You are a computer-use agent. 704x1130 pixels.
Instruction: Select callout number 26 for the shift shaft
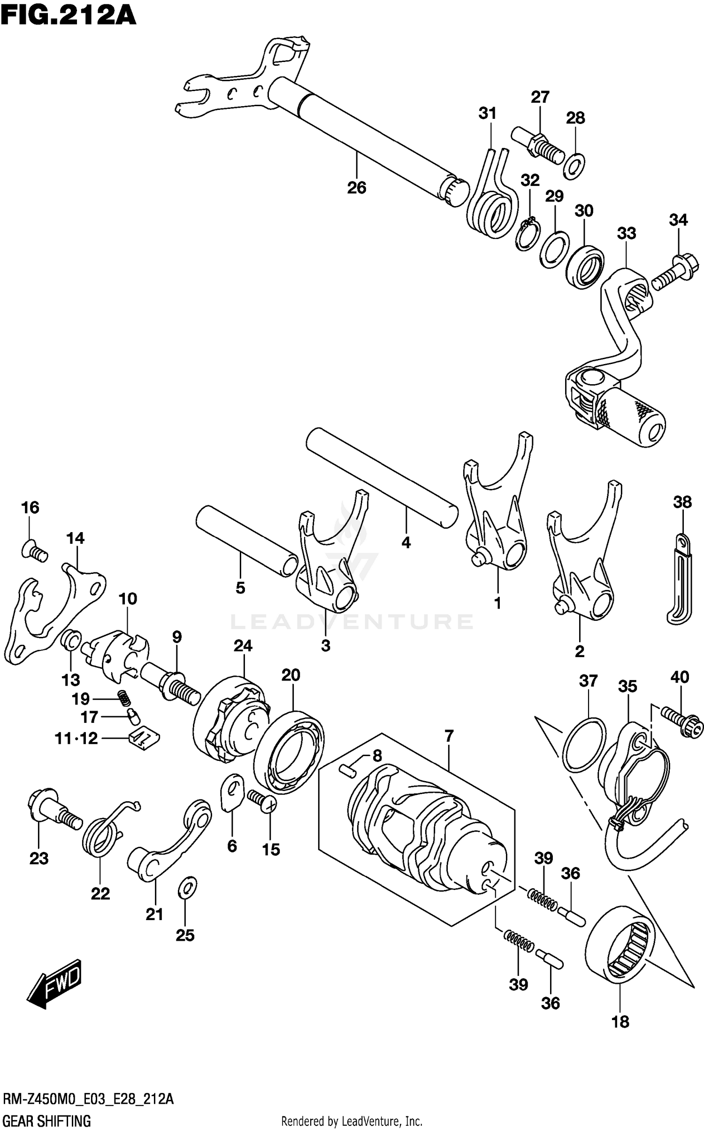pyautogui.click(x=356, y=188)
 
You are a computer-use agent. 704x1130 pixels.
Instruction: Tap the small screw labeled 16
pyautogui.click(x=35, y=550)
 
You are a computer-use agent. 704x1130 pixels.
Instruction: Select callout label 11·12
pyautogui.click(x=76, y=739)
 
